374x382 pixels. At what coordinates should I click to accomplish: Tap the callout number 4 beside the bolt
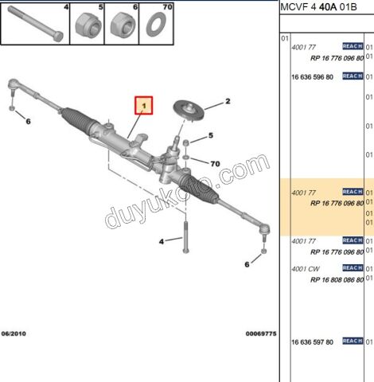[x=162, y=240]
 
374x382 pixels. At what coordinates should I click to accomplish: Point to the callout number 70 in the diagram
[x=214, y=163]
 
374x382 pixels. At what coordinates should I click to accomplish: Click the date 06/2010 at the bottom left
[x=14, y=333]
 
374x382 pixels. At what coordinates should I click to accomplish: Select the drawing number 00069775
[x=259, y=333]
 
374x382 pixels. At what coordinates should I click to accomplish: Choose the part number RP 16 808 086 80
[x=337, y=279]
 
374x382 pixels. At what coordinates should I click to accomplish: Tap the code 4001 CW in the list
[x=305, y=269]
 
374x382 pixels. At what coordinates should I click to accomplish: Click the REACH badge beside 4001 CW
[x=353, y=269]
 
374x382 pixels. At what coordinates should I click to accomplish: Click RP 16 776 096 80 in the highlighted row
[x=337, y=203]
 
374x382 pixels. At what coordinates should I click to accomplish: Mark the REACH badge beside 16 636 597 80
[x=353, y=341]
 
